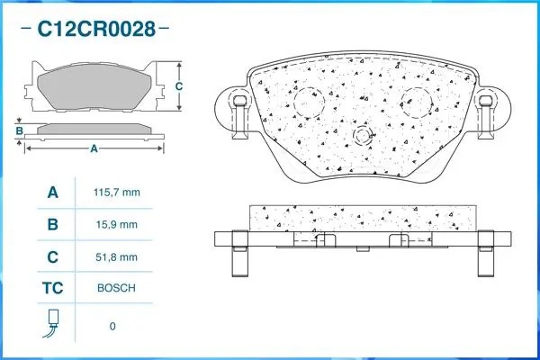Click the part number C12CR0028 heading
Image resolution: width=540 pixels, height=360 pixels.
point(96,29)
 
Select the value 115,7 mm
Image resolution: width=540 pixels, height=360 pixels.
point(117,193)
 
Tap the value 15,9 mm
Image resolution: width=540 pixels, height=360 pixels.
point(117,225)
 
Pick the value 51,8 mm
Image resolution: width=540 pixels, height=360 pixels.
point(117,257)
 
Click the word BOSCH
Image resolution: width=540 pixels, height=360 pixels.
point(116,288)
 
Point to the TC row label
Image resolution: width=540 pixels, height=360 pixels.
point(53,288)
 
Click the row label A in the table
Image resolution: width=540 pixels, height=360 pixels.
point(53,193)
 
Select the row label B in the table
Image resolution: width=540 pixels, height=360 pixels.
point(53,225)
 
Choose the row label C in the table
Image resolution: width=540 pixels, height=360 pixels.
point(53,257)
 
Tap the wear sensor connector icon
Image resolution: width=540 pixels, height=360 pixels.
point(52,323)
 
